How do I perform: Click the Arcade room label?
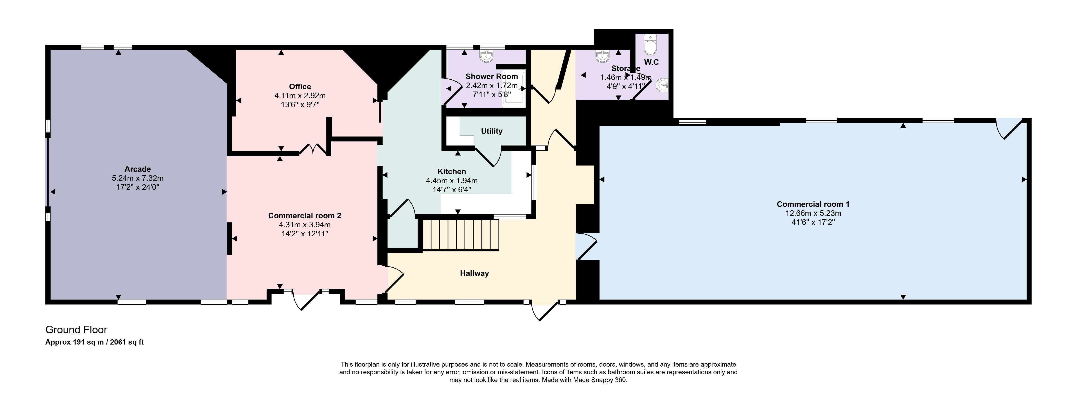tap(138, 169)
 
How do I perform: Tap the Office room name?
tap(300, 87)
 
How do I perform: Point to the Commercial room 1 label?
tap(813, 204)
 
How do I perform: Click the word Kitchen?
tap(452, 172)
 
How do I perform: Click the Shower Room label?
tap(492, 76)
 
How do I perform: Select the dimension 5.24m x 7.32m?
tap(138, 178)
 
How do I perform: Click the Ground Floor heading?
tap(76, 330)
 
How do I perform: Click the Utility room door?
tap(489, 157)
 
